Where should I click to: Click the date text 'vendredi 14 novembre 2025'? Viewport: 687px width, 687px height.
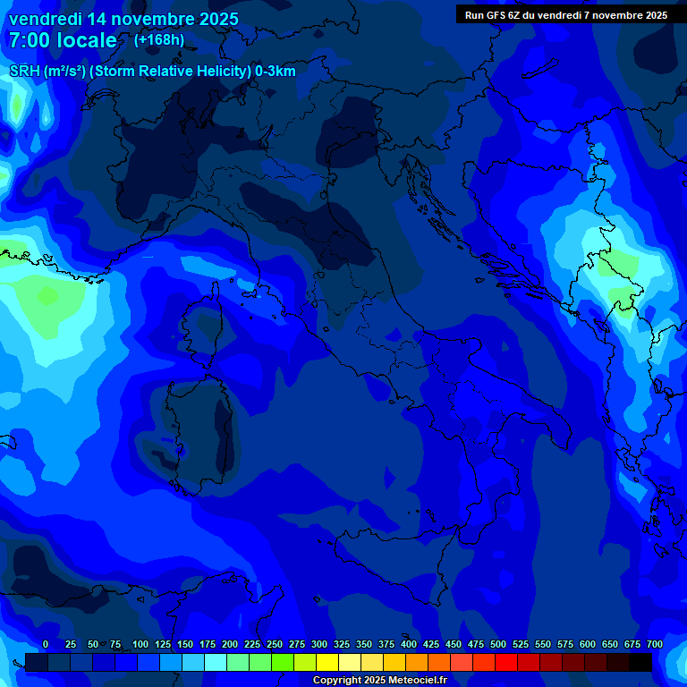coord(123,19)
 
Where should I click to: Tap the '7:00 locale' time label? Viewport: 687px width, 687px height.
coord(62,40)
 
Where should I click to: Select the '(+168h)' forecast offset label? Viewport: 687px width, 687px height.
coord(159,40)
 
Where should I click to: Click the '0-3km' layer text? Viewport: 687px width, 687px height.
coord(276,72)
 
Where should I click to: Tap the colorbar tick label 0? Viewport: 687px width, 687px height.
coord(46,644)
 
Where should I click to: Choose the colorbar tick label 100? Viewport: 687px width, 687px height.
coord(140,644)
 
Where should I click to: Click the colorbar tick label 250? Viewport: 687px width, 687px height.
coord(275,644)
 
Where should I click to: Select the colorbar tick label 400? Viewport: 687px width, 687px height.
coord(409,644)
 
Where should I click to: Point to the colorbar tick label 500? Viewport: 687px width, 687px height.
coord(498,644)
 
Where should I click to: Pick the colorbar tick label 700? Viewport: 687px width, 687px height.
coord(655,644)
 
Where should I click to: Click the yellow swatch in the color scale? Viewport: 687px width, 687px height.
coord(327,662)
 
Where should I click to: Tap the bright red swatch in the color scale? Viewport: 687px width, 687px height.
coord(506,662)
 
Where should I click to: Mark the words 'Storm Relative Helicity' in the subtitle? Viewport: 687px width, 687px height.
coord(171,72)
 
